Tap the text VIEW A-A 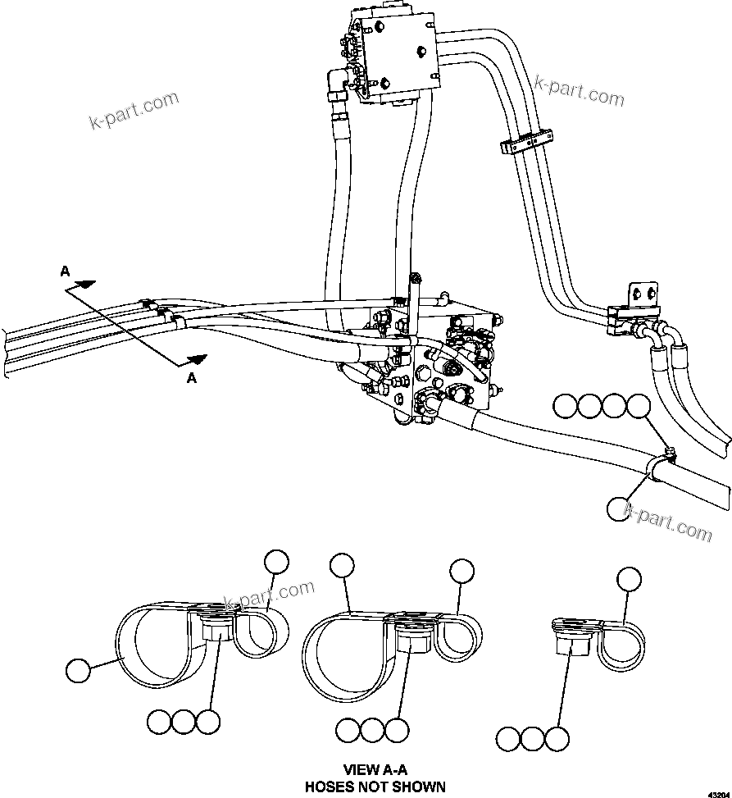click(375, 770)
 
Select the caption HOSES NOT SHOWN click(375, 787)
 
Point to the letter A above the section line click(65, 271)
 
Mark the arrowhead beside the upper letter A click(85, 285)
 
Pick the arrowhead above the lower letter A click(197, 358)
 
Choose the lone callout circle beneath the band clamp click(620, 508)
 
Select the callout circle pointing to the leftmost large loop click(80, 669)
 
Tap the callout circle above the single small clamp click(629, 578)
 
